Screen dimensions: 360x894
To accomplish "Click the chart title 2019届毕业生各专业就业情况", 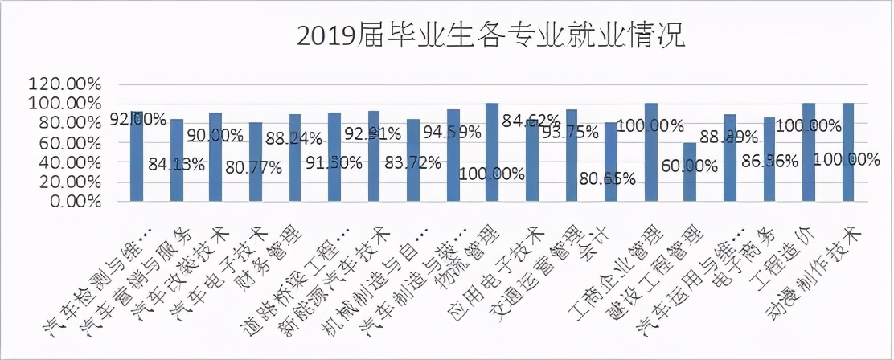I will pyautogui.click(x=490, y=36).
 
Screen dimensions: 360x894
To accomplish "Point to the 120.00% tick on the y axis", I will pyautogui.click(x=64, y=84).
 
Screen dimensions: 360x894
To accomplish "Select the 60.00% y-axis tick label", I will pyautogui.click(x=68, y=142).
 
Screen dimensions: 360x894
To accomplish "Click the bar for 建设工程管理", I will pyautogui.click(x=690, y=172).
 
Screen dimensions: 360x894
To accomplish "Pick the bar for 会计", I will pyautogui.click(x=611, y=162).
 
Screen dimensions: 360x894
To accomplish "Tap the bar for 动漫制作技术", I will pyautogui.click(x=848, y=152).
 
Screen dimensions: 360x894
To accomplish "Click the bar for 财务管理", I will pyautogui.click(x=294, y=157).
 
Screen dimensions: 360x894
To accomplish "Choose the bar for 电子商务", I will pyautogui.click(x=769, y=159).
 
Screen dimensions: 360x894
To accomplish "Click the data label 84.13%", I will pyautogui.click(x=176, y=166).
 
